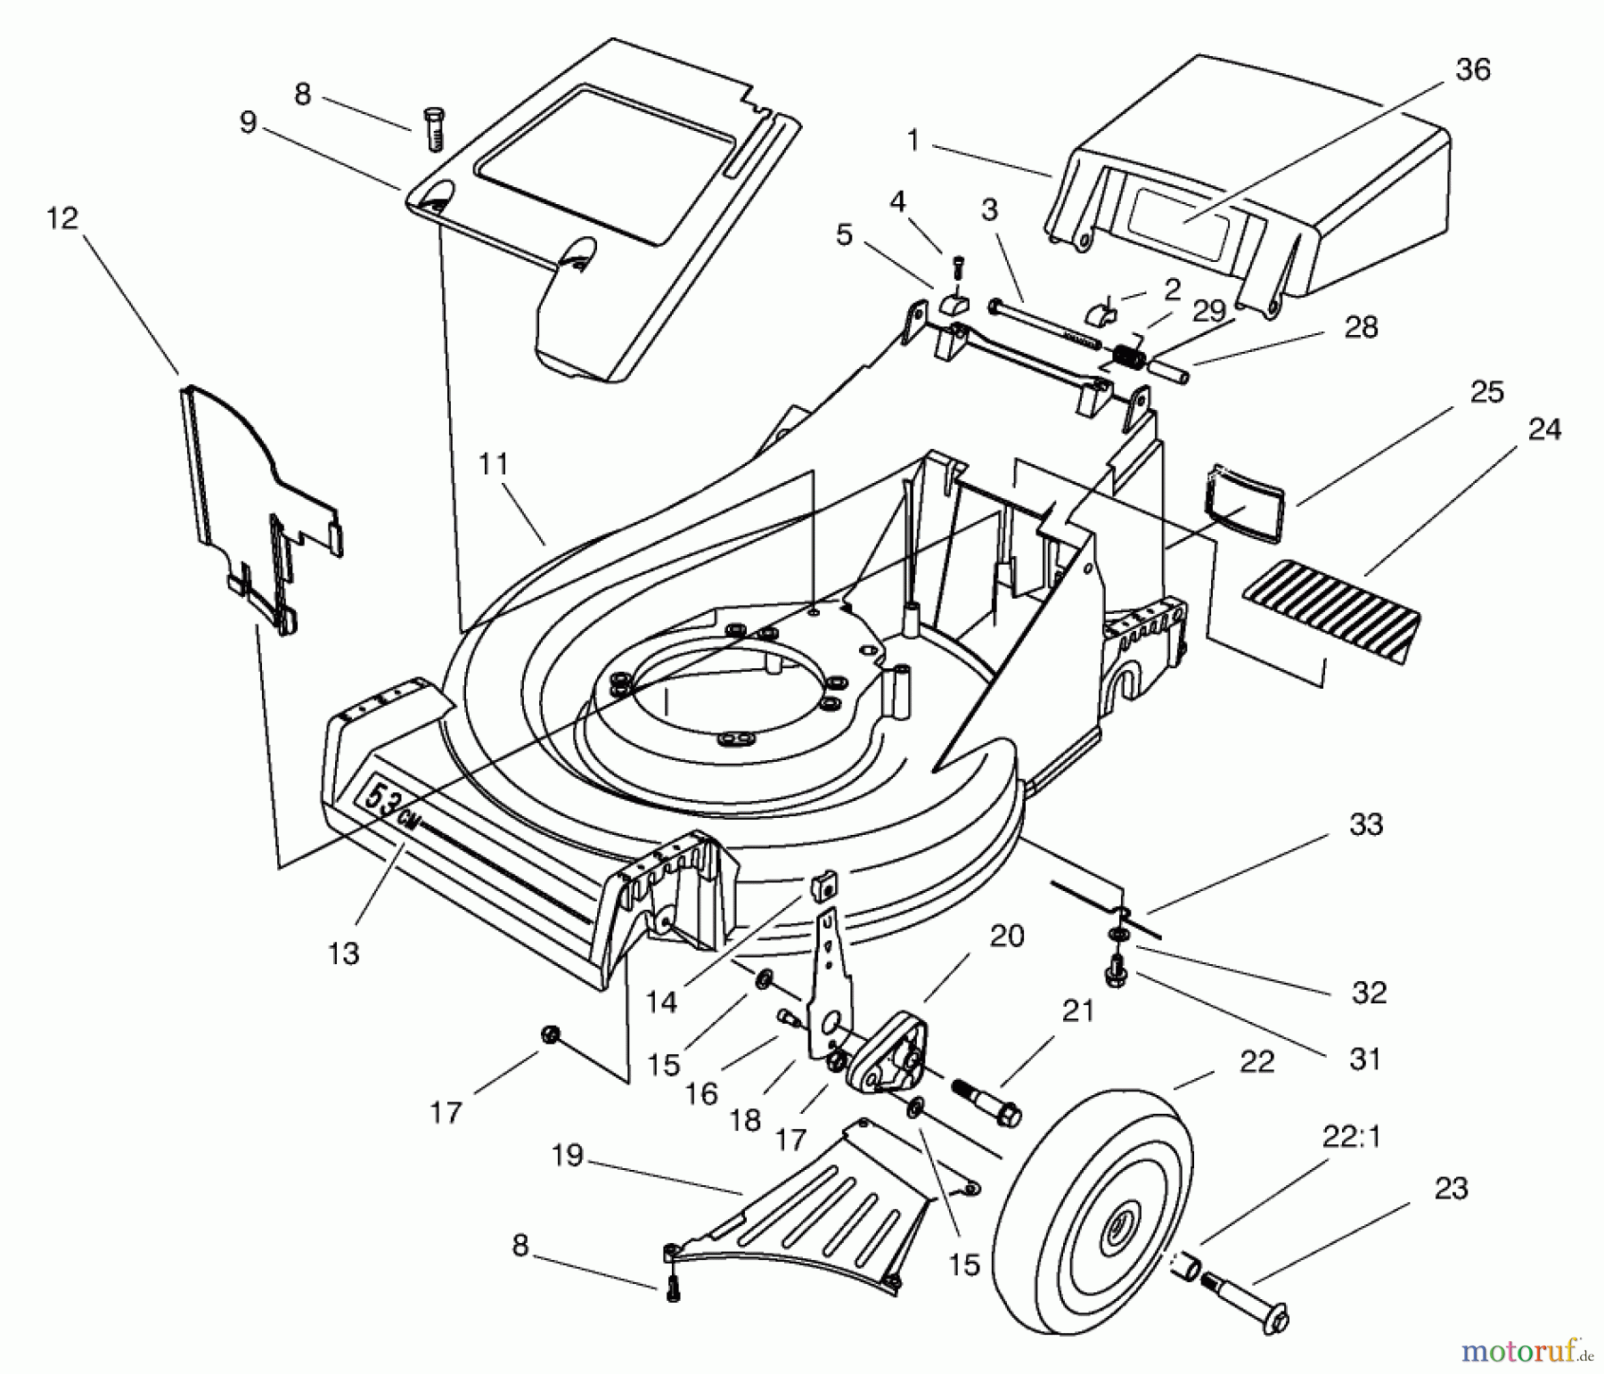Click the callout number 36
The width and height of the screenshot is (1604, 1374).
pyautogui.click(x=1472, y=70)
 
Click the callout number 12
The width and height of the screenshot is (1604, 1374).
pyautogui.click(x=61, y=218)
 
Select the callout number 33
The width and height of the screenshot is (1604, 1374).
pyautogui.click(x=1365, y=824)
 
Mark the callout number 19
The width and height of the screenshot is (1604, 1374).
pyautogui.click(x=566, y=1156)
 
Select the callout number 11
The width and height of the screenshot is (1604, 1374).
pyautogui.click(x=492, y=463)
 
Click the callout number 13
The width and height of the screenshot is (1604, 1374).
pyautogui.click(x=343, y=953)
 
